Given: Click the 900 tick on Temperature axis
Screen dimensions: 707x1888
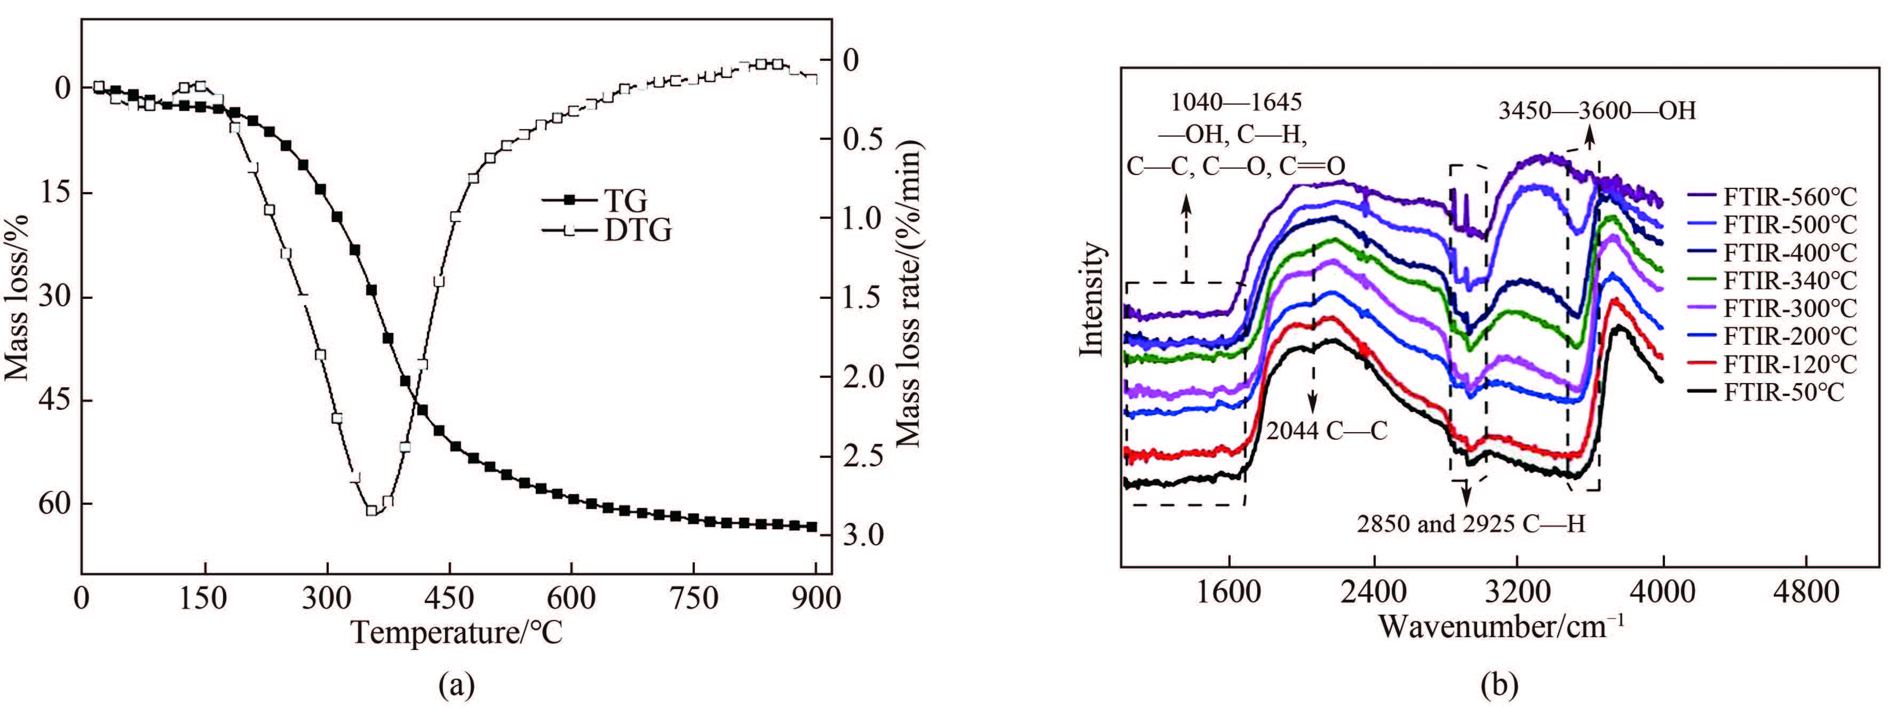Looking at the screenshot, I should pyautogui.click(x=816, y=598).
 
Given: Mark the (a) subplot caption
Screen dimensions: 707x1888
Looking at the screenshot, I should pyautogui.click(x=457, y=685).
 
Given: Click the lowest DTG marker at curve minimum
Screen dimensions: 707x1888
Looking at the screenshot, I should pyautogui.click(x=371, y=511).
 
